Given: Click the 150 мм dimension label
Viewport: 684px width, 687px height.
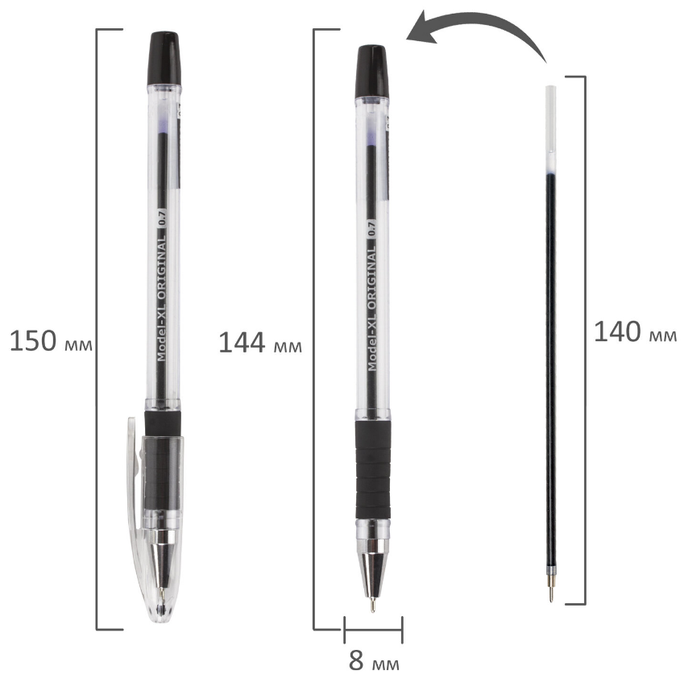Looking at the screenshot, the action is pyautogui.click(x=51, y=341).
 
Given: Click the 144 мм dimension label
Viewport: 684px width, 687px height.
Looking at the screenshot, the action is pyautogui.click(x=260, y=343).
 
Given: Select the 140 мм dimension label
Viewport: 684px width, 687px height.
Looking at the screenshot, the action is pyautogui.click(x=635, y=331).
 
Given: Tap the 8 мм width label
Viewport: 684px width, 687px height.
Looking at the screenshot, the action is pyautogui.click(x=374, y=661).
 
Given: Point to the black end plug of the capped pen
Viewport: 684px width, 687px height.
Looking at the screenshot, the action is pyautogui.click(x=164, y=59).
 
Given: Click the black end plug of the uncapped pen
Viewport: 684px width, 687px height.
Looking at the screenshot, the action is pyautogui.click(x=371, y=72).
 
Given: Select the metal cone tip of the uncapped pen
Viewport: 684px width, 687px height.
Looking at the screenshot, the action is pyautogui.click(x=373, y=569).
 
